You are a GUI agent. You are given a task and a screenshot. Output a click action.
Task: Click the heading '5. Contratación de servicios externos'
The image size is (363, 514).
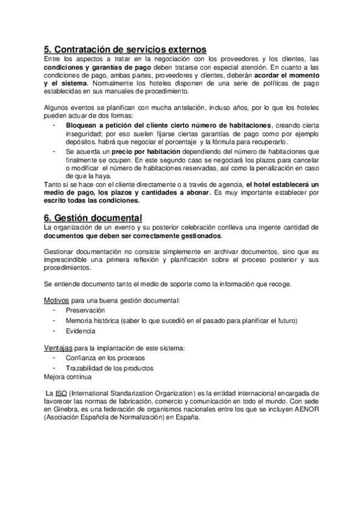(125, 49)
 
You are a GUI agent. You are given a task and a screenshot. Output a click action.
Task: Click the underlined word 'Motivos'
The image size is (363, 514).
(56, 300)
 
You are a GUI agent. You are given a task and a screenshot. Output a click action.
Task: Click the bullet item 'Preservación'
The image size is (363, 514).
(84, 310)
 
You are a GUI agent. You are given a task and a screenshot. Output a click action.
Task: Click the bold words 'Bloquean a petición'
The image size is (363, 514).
(97, 124)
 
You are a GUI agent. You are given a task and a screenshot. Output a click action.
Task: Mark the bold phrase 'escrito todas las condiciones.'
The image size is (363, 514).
(92, 200)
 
